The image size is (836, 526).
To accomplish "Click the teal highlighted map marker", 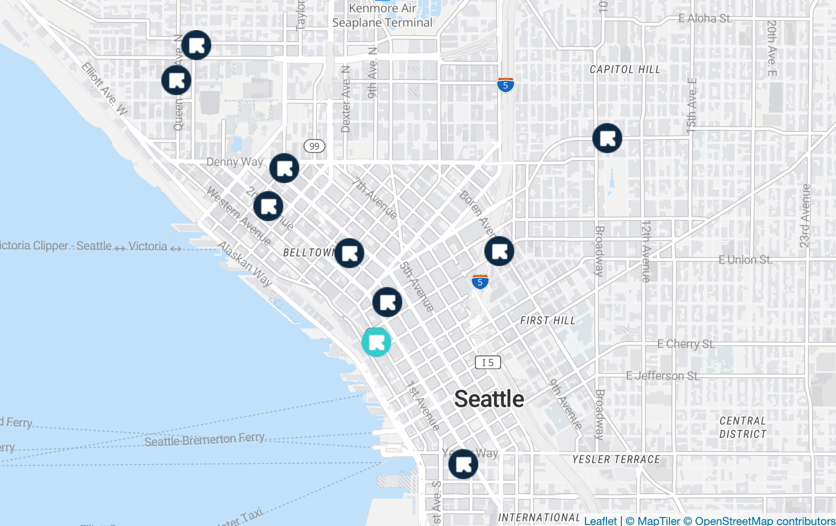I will [376, 342].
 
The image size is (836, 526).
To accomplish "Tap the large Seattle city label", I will [489, 399].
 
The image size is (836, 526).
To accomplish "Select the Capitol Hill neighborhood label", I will [625, 69].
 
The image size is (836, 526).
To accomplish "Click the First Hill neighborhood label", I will [547, 320].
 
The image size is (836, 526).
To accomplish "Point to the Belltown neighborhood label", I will [308, 252].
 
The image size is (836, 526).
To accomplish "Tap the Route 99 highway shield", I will [314, 146].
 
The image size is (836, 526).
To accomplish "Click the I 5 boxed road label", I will [487, 362].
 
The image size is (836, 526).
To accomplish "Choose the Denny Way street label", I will [234, 162].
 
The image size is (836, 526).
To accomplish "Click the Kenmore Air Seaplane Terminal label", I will [382, 15].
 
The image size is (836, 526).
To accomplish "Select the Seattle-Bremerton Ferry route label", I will [204, 439].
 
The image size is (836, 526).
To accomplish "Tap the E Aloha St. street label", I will [705, 18].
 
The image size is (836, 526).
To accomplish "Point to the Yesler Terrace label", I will [616, 459].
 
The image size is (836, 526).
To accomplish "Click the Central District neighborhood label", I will [742, 427].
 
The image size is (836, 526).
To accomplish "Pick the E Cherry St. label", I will [686, 344].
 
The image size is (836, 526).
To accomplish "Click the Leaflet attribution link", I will [600, 520].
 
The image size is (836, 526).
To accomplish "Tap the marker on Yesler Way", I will [463, 464].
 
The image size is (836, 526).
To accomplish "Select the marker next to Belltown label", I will [349, 253].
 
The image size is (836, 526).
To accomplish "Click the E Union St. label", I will [745, 260].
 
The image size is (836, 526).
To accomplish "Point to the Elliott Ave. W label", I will [104, 89].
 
